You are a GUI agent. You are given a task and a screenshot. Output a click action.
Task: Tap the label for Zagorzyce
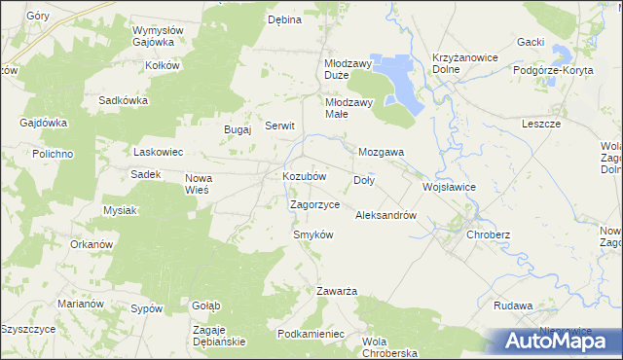(314, 205)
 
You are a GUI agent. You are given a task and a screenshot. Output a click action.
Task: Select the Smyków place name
(313, 235)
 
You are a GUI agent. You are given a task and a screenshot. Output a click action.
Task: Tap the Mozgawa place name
(382, 153)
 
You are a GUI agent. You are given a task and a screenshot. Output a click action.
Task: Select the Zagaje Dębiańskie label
(219, 336)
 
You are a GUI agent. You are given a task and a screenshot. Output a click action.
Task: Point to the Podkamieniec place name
(311, 334)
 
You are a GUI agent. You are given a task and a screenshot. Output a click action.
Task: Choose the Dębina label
(285, 18)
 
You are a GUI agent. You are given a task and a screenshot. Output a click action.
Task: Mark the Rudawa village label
(513, 306)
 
